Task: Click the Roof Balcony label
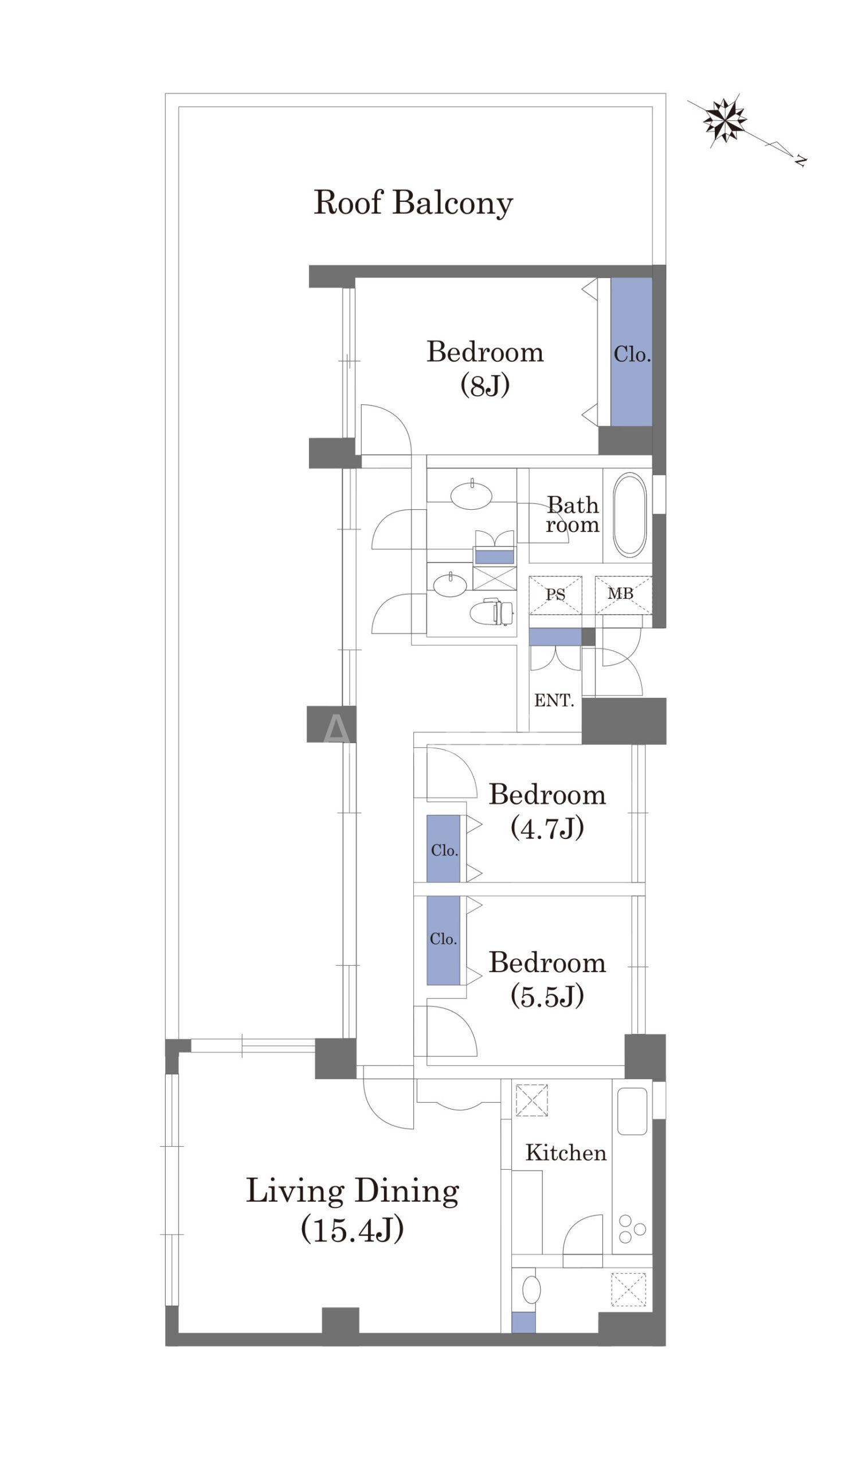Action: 413,202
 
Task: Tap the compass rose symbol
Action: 725,119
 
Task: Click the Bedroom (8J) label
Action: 485,368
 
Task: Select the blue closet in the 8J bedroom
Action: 631,352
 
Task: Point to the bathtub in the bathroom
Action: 629,515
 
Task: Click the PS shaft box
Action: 555,595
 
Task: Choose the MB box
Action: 623,595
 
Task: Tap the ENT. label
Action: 554,700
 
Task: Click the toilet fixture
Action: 491,611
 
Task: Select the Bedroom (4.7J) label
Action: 547,811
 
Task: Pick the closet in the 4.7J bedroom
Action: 444,849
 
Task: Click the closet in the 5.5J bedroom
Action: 444,940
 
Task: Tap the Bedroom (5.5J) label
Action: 547,979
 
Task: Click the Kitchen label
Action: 566,1153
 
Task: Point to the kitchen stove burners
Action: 632,1229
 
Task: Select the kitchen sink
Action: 632,1111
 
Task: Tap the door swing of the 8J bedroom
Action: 386,430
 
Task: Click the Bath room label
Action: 573,514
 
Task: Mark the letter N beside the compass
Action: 801,161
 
